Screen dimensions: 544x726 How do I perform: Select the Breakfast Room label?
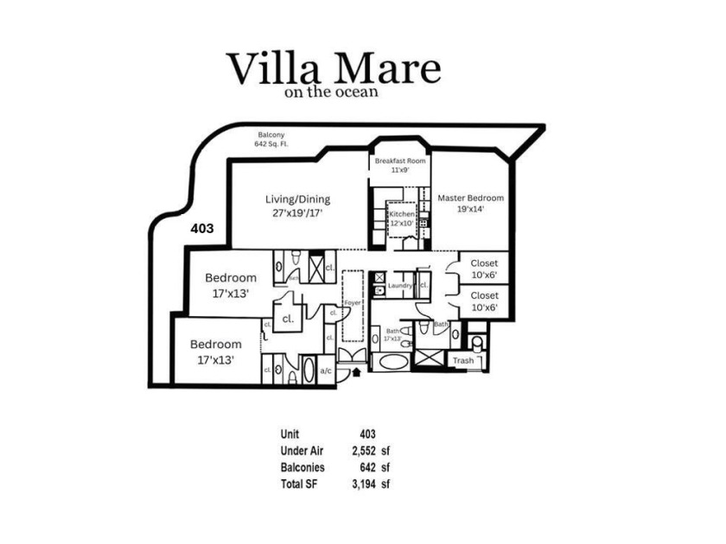click(x=399, y=165)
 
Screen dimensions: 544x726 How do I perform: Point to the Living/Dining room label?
click(x=297, y=205)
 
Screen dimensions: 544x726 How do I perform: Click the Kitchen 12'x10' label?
click(x=401, y=218)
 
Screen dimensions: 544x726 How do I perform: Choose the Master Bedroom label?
click(x=470, y=203)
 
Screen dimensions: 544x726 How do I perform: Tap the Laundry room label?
click(x=400, y=285)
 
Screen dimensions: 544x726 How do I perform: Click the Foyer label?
click(x=352, y=303)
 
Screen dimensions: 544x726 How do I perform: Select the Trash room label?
click(x=463, y=360)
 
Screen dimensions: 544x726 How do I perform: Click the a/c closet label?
click(x=326, y=370)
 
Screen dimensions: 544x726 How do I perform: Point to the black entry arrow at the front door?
click(x=356, y=373)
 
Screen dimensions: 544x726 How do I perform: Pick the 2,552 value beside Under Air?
click(x=367, y=450)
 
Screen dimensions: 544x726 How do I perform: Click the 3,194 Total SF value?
click(x=367, y=484)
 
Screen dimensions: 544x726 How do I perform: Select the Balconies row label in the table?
click(x=302, y=467)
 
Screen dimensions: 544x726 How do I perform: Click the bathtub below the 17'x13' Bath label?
click(x=393, y=361)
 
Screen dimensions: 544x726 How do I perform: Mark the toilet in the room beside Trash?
click(x=478, y=343)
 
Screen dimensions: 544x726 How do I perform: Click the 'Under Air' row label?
click(x=302, y=450)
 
